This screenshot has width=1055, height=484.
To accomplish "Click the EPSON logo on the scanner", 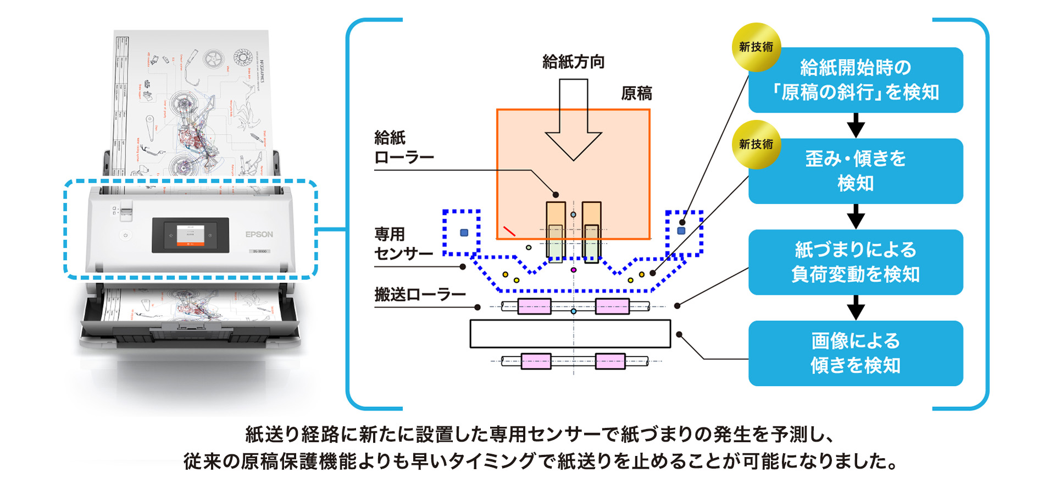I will click(259, 234).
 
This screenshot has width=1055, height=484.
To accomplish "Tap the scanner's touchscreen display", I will click(190, 235).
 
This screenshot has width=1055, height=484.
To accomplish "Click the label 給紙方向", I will click(573, 62).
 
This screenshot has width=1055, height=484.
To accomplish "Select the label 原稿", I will click(636, 94).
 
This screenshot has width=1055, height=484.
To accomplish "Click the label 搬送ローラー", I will click(420, 295).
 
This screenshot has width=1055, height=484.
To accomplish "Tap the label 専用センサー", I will click(403, 244).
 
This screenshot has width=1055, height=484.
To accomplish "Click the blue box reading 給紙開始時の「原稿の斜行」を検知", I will click(855, 80).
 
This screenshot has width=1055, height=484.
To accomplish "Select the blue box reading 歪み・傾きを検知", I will click(855, 171).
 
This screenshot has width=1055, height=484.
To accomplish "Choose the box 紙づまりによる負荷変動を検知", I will click(855, 262).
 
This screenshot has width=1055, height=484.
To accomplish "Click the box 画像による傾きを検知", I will click(855, 353).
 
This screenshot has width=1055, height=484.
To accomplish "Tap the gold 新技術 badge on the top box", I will click(756, 47).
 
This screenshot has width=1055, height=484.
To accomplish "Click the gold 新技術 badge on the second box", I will click(756, 144).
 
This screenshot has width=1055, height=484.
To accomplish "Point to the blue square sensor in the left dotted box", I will click(464, 233).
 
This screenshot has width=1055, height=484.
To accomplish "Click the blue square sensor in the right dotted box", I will click(681, 230).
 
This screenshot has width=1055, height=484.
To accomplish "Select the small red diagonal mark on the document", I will click(509, 231).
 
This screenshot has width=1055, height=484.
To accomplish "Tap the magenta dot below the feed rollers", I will click(574, 270).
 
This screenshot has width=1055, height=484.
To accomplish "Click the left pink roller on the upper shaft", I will click(534, 306).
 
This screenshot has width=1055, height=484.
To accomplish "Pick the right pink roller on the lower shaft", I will click(610, 361).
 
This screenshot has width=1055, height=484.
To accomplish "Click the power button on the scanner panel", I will click(125, 235).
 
